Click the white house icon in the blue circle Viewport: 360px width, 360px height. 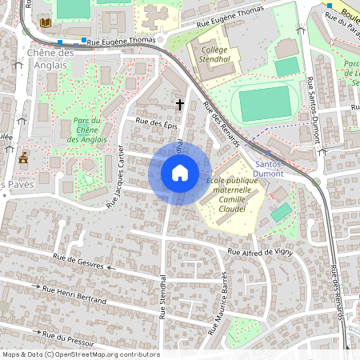[180, 172]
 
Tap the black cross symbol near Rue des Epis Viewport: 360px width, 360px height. [180, 104]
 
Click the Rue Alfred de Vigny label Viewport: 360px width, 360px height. [261, 252]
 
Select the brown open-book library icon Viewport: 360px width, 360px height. [45, 22]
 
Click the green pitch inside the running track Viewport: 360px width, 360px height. [266, 103]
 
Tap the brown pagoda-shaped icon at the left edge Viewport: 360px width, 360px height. [24, 156]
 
